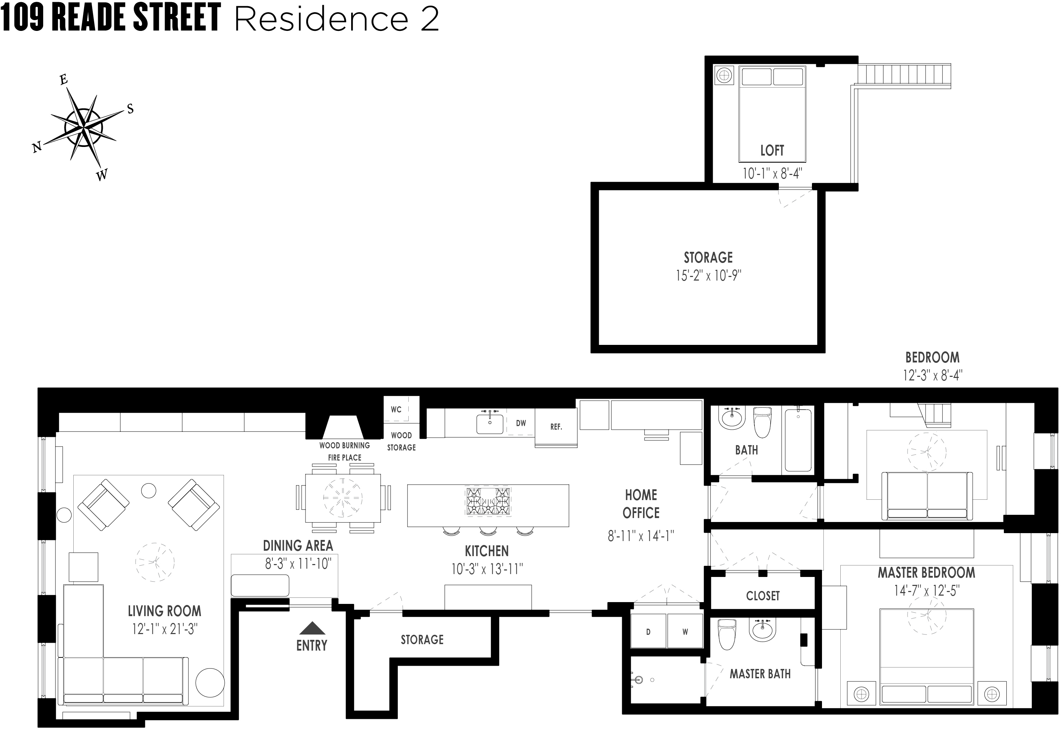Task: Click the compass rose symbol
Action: tap(83, 125)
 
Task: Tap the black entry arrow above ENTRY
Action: tap(312, 628)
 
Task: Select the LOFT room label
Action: tap(772, 151)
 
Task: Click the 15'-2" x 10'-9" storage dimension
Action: tap(708, 275)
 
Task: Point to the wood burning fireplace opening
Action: tap(343, 428)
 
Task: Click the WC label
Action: tap(396, 409)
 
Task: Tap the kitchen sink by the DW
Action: tap(490, 424)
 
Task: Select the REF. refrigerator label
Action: tap(556, 427)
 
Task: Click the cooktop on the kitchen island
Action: tap(488, 502)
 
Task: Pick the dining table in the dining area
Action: tap(343, 498)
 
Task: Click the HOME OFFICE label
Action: tap(641, 504)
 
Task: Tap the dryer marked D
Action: tap(648, 632)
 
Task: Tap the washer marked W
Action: tap(685, 632)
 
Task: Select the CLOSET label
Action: tap(763, 596)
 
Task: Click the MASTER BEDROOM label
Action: tap(926, 572)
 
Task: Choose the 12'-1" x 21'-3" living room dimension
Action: tap(164, 629)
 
